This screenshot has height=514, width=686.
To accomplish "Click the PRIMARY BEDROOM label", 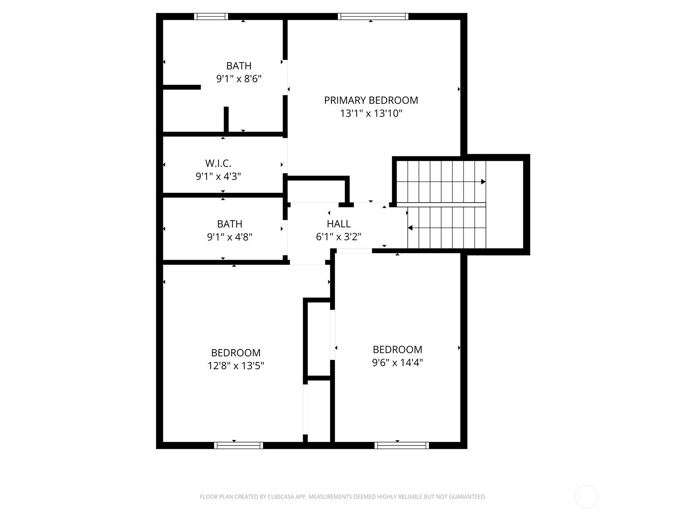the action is point(371,100).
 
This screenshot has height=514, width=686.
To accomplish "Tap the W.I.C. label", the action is point(218,163).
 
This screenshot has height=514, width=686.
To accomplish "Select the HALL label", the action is point(338,224).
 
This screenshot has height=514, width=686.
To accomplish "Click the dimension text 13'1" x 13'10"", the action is point(371,113).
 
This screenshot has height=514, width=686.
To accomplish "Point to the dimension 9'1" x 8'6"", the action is point(239,79).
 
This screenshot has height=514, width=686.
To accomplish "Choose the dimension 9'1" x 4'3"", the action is point(218,176).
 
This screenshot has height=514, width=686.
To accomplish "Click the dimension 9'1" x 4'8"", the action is point(229,237).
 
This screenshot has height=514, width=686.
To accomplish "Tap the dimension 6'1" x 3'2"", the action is point(338,237).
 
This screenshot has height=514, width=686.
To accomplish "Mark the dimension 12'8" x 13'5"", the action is point(236,365).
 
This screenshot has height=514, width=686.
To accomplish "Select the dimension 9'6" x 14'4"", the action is point(397,363).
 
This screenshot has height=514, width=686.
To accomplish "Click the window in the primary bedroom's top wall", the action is point(373,17).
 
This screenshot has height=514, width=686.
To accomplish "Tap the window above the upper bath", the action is point(211,17).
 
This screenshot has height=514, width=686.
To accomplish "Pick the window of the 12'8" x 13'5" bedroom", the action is point(238,445).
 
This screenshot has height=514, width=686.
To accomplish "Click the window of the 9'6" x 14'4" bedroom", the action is point(402,445).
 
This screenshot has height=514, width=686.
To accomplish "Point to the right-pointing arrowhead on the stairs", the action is point(483,182).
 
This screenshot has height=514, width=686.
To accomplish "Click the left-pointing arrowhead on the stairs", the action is point(410,228).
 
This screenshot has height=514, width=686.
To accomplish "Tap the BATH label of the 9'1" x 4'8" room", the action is point(229,224).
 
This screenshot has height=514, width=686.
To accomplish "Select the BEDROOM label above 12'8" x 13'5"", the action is point(236,353).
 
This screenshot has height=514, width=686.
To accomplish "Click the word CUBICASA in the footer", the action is point(281,497).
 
